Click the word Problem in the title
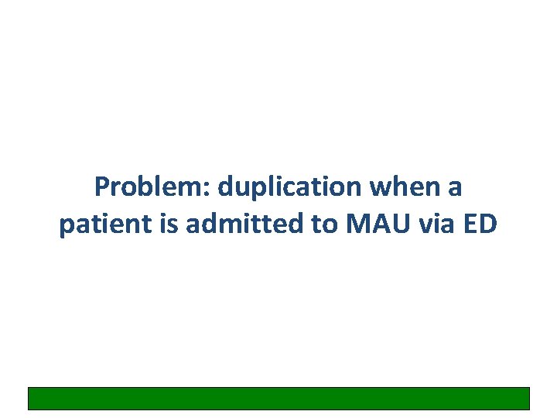[152, 187]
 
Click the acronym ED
[484, 224]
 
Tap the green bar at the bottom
[278, 398]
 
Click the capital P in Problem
[101, 187]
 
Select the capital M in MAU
[357, 224]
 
